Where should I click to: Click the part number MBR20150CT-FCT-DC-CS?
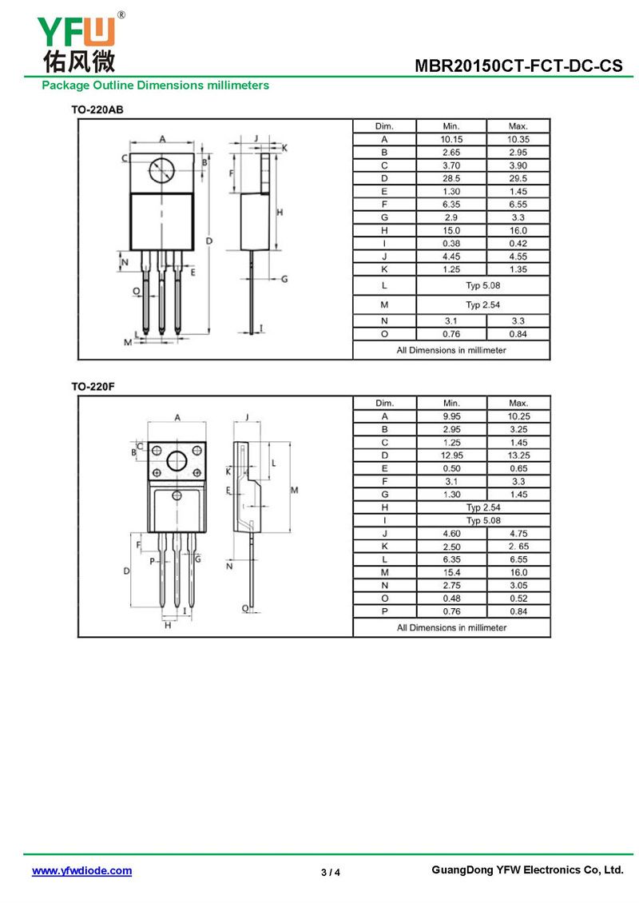[518, 67]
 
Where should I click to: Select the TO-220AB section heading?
[97, 109]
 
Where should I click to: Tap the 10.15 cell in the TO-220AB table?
[451, 139]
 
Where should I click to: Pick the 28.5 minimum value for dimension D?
[451, 178]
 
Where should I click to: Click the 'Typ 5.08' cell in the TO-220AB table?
[483, 284]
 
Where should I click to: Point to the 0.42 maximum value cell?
[518, 244]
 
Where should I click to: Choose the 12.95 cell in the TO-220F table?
[451, 455]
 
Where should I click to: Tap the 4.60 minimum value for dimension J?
[451, 533]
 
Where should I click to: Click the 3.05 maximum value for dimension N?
[518, 585]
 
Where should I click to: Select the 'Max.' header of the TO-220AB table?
[518, 126]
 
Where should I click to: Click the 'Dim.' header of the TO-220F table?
[384, 404]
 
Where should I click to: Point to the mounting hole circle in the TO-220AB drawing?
[161, 169]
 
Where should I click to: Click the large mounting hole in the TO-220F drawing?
[177, 461]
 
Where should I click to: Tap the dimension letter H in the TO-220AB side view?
[280, 212]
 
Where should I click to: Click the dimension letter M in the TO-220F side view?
[294, 490]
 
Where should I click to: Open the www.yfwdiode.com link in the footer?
[81, 871]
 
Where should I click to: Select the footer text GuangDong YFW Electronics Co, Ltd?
[526, 870]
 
